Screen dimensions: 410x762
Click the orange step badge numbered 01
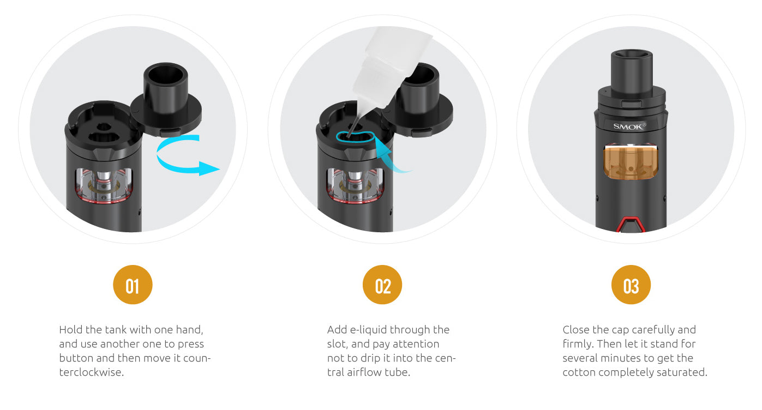click(x=133, y=285)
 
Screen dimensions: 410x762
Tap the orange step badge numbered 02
click(x=382, y=285)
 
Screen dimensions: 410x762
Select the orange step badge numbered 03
click(x=631, y=285)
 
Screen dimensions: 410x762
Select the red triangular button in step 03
click(x=630, y=224)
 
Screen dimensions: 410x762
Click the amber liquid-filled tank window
click(x=630, y=162)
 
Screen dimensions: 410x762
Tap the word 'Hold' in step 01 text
click(x=70, y=330)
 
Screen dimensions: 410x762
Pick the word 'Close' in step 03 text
click(x=575, y=330)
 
